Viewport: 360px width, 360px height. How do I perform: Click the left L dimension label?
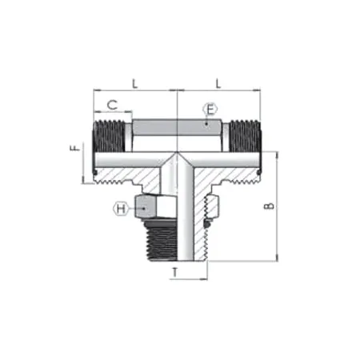coord(134,82)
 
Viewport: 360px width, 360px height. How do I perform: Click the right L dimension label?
coord(217,82)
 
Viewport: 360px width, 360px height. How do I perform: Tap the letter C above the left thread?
coord(113,104)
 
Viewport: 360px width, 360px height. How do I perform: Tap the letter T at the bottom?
coord(176,273)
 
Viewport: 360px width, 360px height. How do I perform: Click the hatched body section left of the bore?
coord(136,173)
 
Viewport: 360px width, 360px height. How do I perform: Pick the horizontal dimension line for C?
coord(113,114)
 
